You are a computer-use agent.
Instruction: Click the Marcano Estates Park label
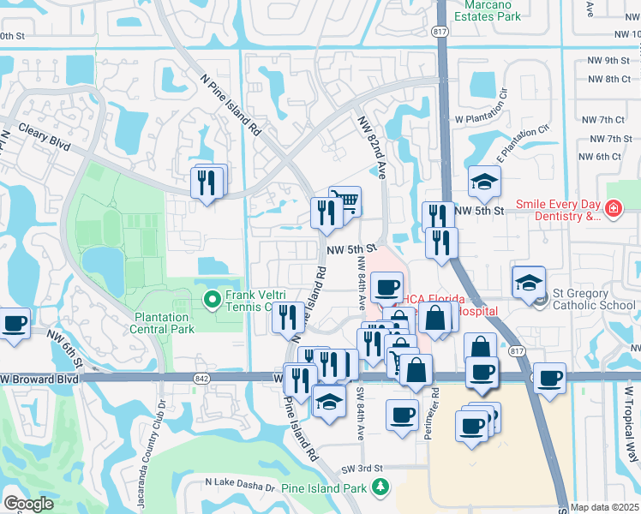pyautogui.click(x=487, y=9)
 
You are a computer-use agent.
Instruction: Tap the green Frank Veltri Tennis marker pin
pyautogui.click(x=213, y=299)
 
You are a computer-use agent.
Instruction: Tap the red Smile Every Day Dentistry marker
pyautogui.click(x=613, y=208)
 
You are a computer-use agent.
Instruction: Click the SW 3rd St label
pyautogui.click(x=360, y=469)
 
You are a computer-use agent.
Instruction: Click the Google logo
pyautogui.click(x=28, y=503)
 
